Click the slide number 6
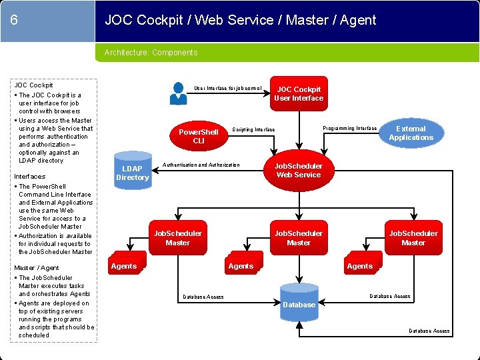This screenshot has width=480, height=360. coord(14,20)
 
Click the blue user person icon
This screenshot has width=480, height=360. coord(178,93)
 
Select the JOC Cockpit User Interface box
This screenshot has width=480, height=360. coord(299,94)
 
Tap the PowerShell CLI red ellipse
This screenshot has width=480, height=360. coord(199,137)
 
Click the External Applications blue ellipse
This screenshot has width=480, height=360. coord(411,133)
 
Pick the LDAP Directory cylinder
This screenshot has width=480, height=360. coord(132,173)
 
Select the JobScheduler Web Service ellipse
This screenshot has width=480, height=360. coord(299,171)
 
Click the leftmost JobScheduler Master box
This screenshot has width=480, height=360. coord(177,238)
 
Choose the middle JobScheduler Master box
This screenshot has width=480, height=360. coord(298,238)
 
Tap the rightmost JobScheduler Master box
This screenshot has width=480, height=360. coord(413,238)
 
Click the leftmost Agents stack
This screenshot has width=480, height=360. coord(125,265)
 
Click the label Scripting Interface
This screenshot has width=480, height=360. coord(253,129)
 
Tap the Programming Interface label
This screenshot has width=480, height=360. coord(349,128)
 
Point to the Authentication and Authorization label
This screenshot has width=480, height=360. coord(201,165)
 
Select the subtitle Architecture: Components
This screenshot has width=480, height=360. coord(151,53)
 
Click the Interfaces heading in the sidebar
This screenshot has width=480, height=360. coord(30,177)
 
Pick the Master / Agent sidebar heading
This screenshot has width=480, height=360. coord(37,268)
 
